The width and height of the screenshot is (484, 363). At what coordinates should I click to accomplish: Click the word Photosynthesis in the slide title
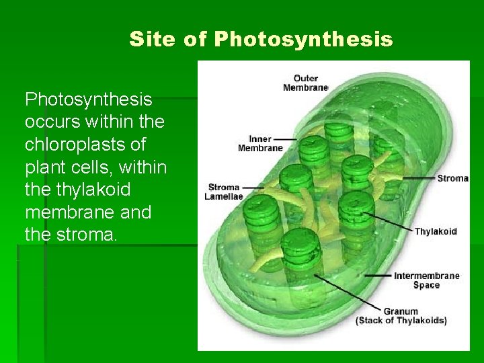click(303, 39)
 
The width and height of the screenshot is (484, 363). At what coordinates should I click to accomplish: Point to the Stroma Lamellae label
click(224, 192)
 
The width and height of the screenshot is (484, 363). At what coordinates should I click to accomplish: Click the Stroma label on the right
click(452, 178)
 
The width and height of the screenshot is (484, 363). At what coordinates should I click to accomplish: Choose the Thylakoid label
click(435, 231)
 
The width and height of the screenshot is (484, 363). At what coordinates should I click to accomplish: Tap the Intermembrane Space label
click(426, 280)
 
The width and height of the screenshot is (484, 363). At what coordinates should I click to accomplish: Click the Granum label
click(401, 311)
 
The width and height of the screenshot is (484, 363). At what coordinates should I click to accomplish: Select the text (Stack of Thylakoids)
click(401, 321)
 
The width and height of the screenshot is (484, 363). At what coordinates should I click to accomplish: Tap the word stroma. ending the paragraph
click(86, 235)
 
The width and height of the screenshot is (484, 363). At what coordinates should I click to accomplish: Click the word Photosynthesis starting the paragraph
click(89, 100)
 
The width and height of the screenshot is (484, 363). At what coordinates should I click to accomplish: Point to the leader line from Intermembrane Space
click(356, 276)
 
